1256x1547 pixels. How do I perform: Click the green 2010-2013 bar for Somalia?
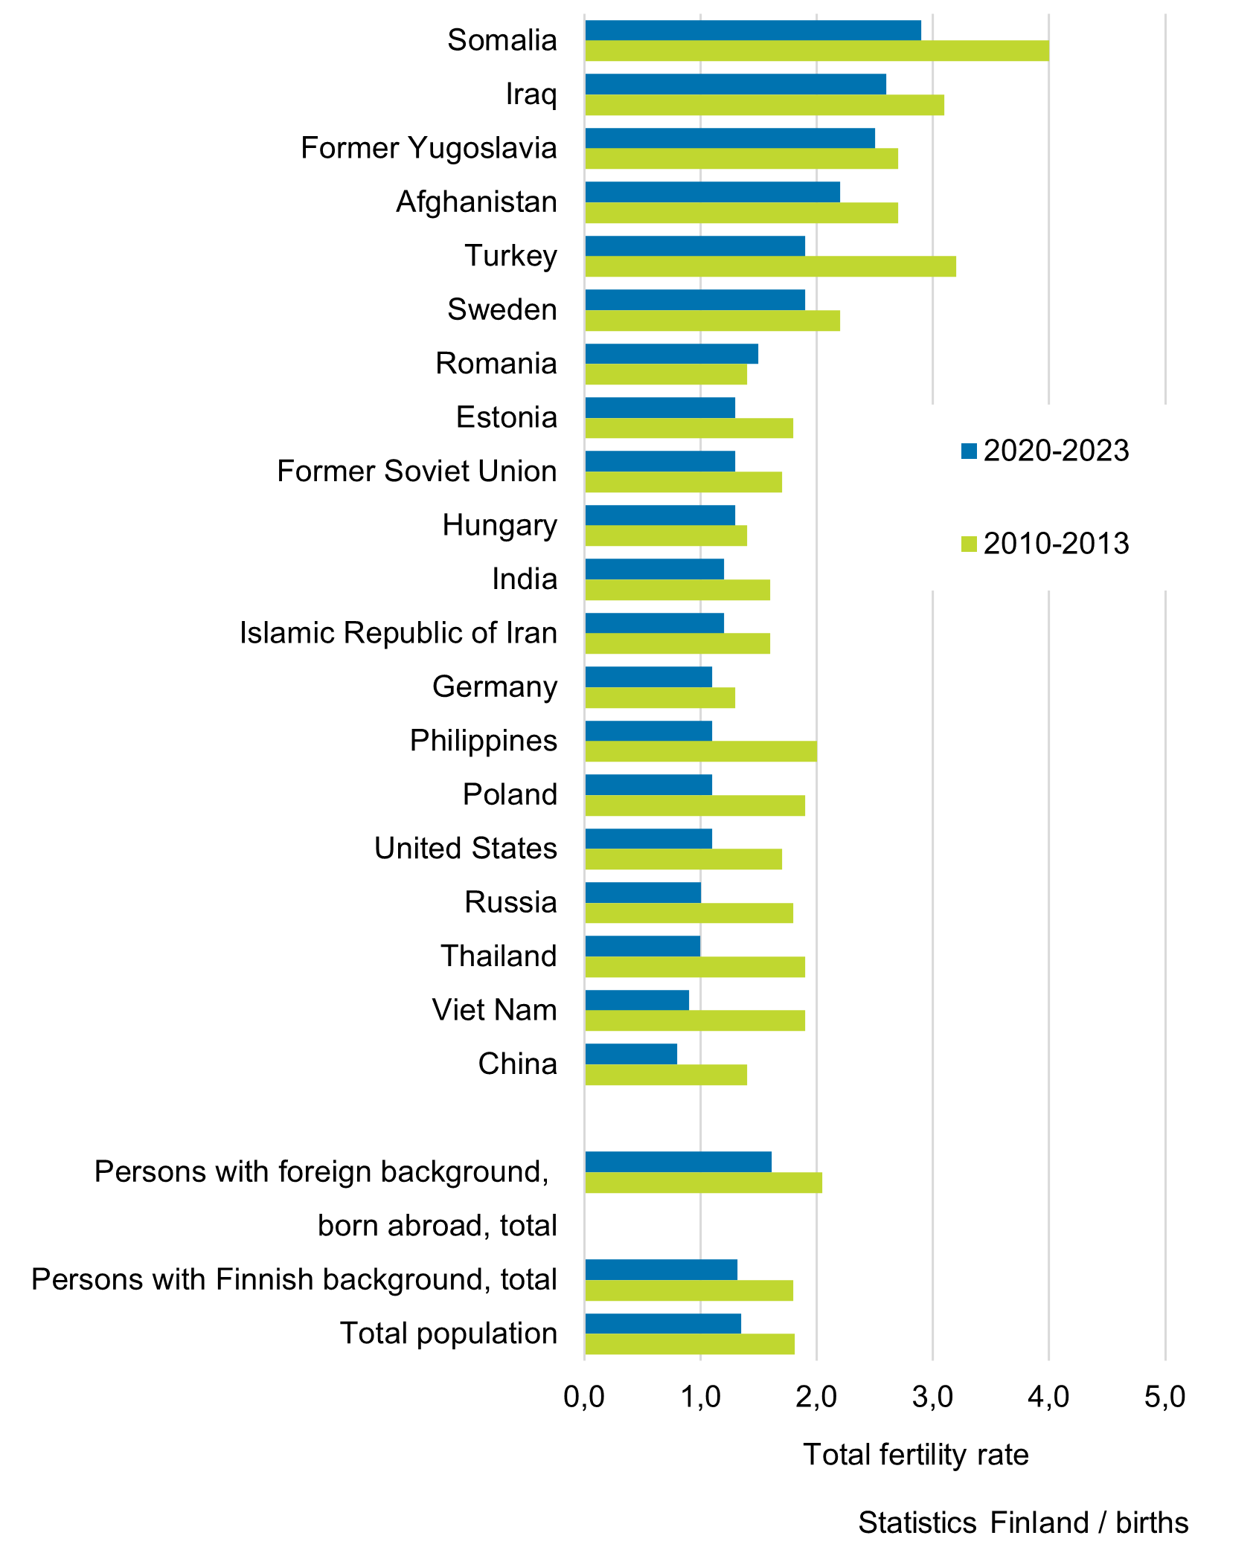(x=817, y=51)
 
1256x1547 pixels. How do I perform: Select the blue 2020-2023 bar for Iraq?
(x=735, y=84)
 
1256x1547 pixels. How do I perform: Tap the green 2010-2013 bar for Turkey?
(x=770, y=266)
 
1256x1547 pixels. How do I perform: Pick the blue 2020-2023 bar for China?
(x=631, y=1054)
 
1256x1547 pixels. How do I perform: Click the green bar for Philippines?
(x=701, y=751)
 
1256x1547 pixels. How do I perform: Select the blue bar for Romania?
(x=671, y=353)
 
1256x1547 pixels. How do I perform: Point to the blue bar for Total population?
(x=663, y=1323)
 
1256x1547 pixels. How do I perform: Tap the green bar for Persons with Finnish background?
(x=689, y=1290)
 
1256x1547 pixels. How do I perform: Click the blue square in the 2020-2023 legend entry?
(x=969, y=451)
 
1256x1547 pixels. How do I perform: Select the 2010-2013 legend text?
(x=1056, y=544)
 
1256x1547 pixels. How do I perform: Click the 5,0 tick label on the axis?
(x=1164, y=1398)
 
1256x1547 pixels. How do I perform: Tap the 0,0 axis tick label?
(x=584, y=1398)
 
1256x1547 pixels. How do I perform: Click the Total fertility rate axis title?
(x=915, y=1454)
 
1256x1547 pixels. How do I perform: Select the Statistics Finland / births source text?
(x=1023, y=1522)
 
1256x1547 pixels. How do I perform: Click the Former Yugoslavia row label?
(x=429, y=148)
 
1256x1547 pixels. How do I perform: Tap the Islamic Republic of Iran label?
(x=398, y=633)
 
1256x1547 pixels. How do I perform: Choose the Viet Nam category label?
(x=494, y=1010)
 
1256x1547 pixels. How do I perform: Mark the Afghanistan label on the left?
(x=476, y=202)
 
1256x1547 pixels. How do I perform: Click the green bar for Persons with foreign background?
(x=703, y=1183)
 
